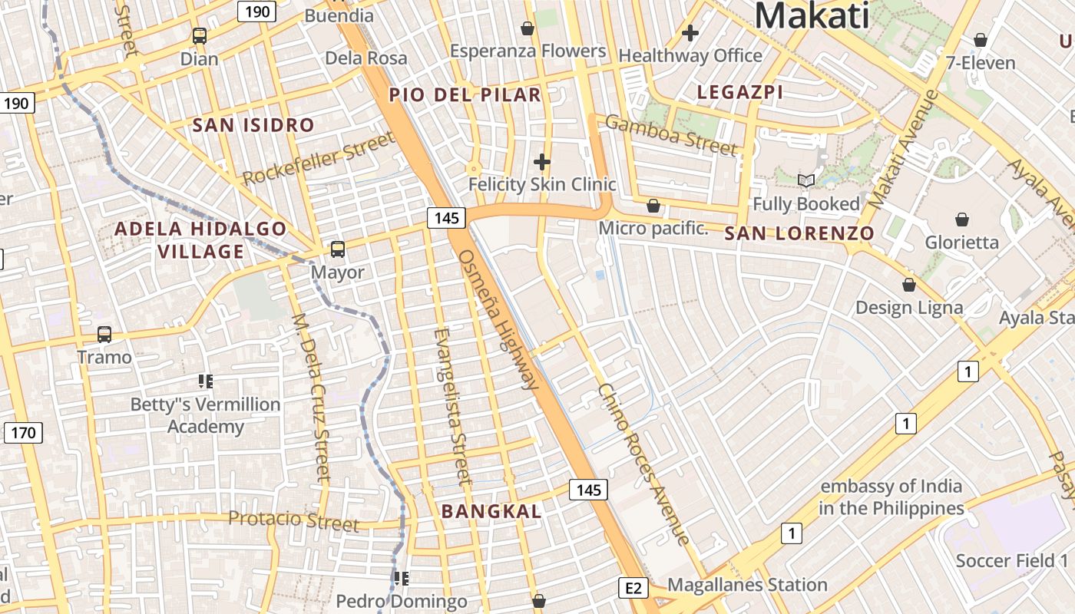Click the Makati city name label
tap(812, 15)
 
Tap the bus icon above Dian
tap(200, 35)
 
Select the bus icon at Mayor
tap(338, 249)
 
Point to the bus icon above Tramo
tap(104, 335)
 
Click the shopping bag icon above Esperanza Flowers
tap(528, 28)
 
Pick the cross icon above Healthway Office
tap(690, 33)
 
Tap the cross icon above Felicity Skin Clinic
tap(542, 162)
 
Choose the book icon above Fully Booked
tap(805, 181)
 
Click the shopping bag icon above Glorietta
tap(962, 220)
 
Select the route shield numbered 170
tap(23, 433)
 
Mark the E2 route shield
tap(633, 589)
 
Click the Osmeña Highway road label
tap(498, 319)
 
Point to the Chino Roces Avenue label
tap(643, 464)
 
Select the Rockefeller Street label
tap(319, 158)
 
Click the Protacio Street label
tap(293, 520)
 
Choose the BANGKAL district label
tap(491, 511)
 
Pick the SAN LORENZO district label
tap(799, 233)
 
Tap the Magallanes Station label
tap(747, 585)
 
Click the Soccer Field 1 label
tap(1012, 560)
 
